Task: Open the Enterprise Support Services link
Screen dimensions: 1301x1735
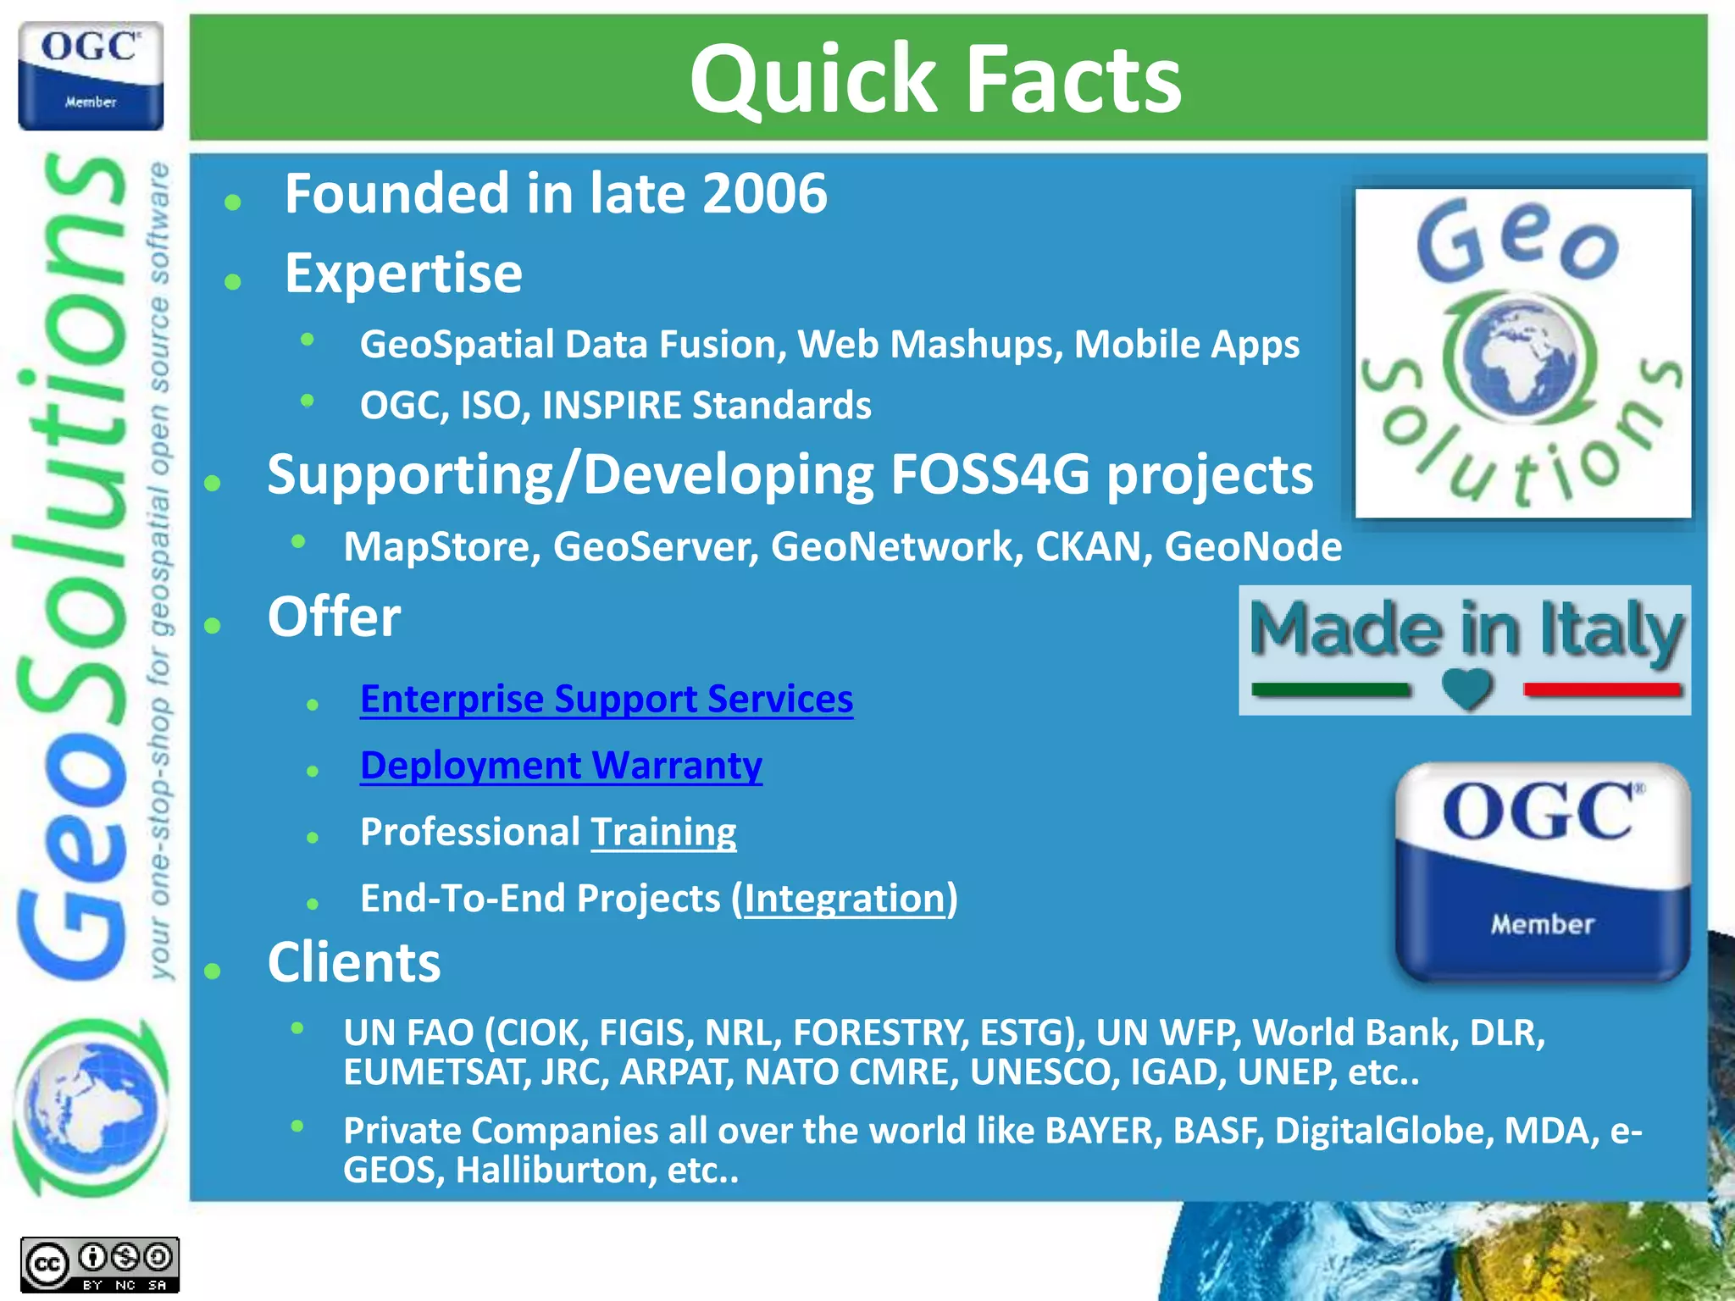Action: coord(606,700)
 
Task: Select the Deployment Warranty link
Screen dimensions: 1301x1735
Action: coord(561,766)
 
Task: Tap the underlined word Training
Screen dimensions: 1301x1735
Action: coord(663,833)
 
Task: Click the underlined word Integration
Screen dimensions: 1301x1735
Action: coord(845,899)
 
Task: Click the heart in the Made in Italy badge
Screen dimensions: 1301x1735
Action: coord(1466,689)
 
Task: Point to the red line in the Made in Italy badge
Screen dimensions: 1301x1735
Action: coord(1602,690)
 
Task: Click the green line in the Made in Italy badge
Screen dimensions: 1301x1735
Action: coord(1330,690)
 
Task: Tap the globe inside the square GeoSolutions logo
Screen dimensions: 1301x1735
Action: coord(1522,357)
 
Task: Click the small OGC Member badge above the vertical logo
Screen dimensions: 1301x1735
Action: coord(91,76)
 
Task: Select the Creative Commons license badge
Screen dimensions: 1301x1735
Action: coord(99,1265)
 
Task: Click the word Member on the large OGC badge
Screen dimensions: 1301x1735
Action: coord(1542,924)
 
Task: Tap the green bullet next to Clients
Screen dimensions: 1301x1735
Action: coord(213,971)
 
